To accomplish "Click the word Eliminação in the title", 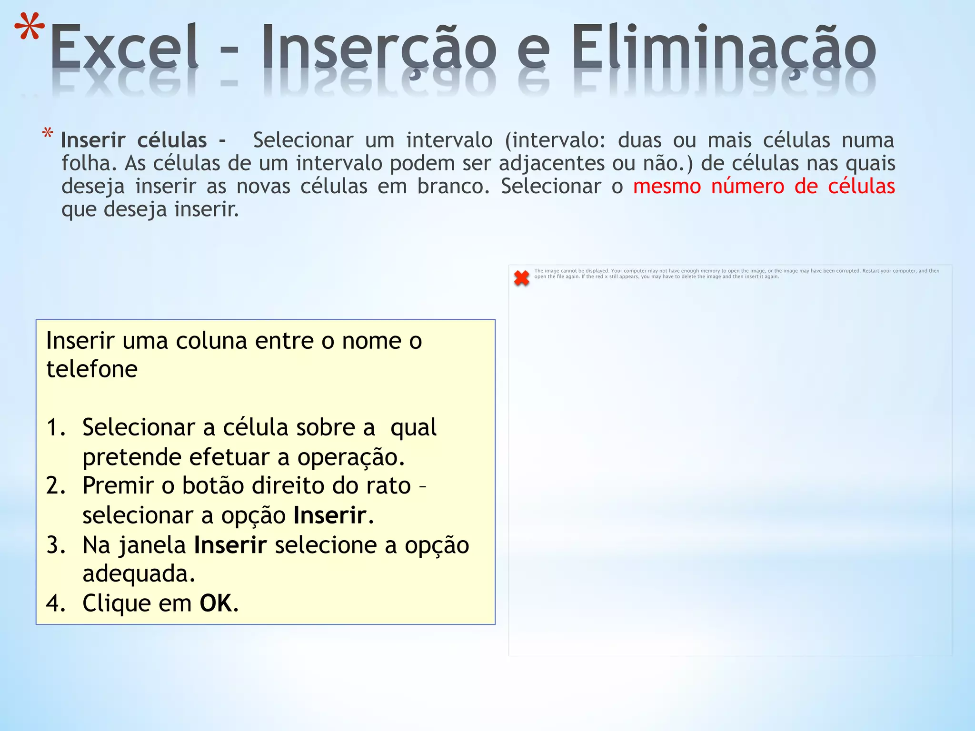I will [724, 48].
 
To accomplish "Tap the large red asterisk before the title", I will [30, 29].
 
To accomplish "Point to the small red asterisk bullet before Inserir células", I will [48, 134].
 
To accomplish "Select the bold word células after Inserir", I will [172, 140].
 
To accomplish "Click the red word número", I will [747, 186].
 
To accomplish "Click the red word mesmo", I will [667, 186].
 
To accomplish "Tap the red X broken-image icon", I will [522, 278].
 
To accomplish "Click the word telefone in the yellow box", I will [92, 369].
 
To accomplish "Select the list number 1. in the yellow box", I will [56, 427].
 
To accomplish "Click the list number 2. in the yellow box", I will [56, 486].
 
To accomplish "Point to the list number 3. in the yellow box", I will [56, 545].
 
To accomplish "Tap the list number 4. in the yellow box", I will [56, 603].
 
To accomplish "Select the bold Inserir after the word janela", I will [230, 545].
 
